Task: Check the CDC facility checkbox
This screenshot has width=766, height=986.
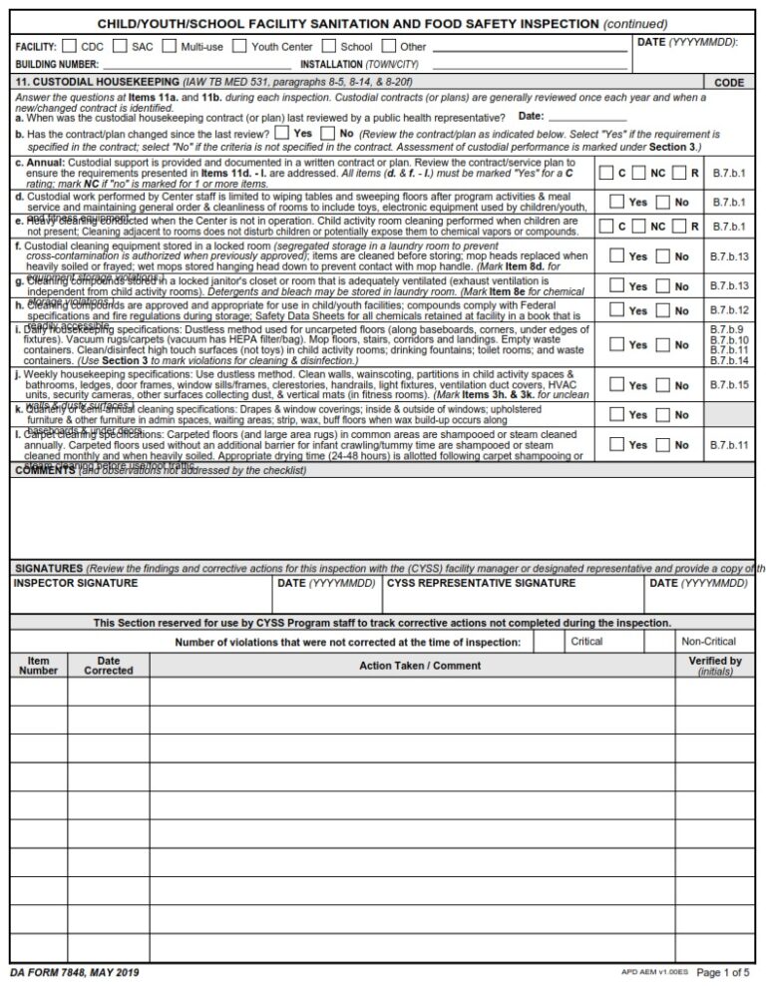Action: (x=69, y=46)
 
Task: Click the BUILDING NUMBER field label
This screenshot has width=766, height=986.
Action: (x=56, y=64)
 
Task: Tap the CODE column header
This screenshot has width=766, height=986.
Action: (x=729, y=83)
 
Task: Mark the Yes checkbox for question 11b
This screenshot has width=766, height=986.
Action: (x=282, y=132)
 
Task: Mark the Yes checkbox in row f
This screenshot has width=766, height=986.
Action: (x=616, y=256)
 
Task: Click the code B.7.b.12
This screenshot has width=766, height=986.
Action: (x=728, y=310)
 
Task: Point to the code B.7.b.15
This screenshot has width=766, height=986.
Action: (x=728, y=384)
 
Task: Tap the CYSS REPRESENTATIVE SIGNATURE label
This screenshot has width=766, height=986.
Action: (x=481, y=583)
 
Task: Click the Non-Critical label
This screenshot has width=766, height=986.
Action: (x=708, y=642)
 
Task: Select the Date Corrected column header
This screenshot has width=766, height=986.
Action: (x=108, y=666)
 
